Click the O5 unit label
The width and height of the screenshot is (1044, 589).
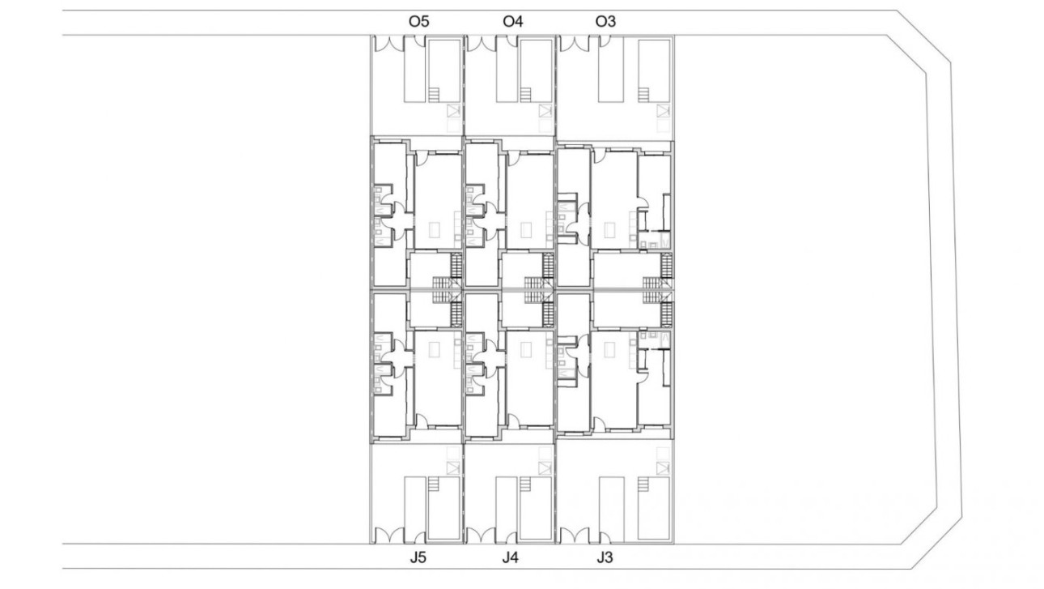[418, 22]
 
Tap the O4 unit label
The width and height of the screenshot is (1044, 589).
[513, 22]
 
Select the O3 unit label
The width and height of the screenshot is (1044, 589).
[605, 22]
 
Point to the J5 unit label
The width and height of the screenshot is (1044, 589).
[418, 557]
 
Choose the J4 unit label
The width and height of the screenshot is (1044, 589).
[511, 557]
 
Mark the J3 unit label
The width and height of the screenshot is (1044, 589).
[605, 557]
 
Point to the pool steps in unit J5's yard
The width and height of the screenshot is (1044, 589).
[435, 484]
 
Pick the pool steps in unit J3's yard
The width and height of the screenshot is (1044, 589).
[644, 484]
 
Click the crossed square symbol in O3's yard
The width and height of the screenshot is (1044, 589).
[664, 111]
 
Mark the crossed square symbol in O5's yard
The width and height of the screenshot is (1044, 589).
[453, 111]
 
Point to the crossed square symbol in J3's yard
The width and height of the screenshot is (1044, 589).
[664, 467]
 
